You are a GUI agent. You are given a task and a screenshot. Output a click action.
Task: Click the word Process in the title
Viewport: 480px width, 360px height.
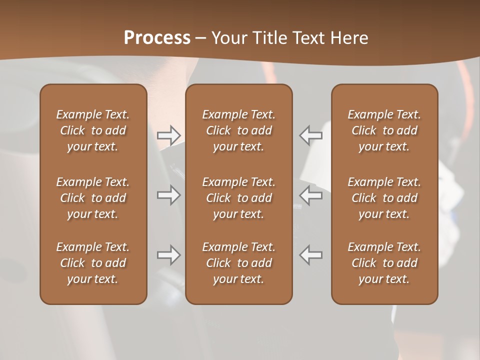click(157, 38)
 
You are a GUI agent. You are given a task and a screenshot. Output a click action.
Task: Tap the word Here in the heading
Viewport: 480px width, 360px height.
click(349, 38)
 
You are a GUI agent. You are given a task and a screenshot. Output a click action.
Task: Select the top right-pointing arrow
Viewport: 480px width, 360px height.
click(168, 135)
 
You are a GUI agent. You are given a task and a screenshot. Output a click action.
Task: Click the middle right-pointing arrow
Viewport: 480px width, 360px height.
click(168, 195)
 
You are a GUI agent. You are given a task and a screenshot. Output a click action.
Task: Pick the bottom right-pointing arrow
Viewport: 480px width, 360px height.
click(168, 255)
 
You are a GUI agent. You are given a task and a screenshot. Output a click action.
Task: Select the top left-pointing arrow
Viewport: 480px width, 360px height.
click(311, 135)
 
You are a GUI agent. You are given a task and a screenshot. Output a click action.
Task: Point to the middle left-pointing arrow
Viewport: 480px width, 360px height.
click(311, 195)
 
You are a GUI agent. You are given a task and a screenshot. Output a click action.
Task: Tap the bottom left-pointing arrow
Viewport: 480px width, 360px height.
click(311, 255)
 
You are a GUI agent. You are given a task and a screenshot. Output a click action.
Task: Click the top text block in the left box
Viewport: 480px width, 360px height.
click(93, 130)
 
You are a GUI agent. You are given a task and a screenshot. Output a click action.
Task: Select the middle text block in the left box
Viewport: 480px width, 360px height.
click(93, 198)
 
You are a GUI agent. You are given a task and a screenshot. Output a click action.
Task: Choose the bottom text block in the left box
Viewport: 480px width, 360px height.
click(93, 263)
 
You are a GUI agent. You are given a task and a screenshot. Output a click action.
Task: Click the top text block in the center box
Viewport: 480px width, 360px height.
click(239, 130)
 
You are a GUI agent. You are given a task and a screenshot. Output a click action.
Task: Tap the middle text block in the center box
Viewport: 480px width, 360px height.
click(239, 198)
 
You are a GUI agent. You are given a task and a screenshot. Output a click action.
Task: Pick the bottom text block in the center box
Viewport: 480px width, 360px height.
click(239, 263)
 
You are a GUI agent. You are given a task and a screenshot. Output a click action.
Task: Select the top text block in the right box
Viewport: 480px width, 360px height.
click(384, 130)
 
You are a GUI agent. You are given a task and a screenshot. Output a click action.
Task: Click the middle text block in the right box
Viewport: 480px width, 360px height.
click(384, 198)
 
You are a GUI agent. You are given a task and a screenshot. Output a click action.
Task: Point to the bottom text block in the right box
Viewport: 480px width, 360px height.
click(384, 263)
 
